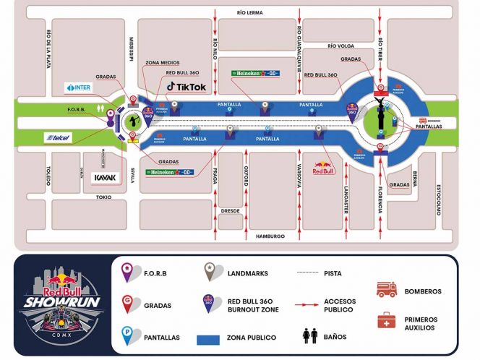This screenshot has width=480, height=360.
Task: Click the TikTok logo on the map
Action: (187, 87)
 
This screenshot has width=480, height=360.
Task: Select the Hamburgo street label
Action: (265, 236)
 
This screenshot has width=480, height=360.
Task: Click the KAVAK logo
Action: (106, 178)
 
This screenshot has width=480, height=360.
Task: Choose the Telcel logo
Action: (59, 137)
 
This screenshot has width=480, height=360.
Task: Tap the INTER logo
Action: (80, 87)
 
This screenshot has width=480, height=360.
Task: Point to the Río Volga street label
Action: (340, 46)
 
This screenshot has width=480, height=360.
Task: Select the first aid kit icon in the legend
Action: (387, 321)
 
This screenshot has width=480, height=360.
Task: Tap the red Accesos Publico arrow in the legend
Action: (308, 304)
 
